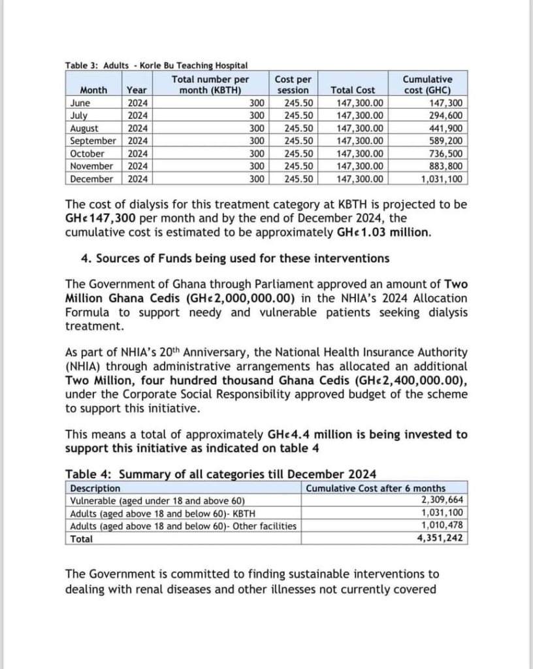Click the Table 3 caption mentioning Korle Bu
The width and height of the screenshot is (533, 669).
click(156, 65)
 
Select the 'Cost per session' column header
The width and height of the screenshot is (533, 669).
click(293, 84)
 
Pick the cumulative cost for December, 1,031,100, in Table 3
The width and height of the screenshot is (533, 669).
click(442, 178)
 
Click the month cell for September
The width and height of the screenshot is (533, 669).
click(93, 140)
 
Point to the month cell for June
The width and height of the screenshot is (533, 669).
click(80, 103)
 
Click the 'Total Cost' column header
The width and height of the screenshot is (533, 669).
click(353, 90)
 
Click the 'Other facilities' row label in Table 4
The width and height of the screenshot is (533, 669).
click(183, 527)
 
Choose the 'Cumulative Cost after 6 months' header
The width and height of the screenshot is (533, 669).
click(376, 488)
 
